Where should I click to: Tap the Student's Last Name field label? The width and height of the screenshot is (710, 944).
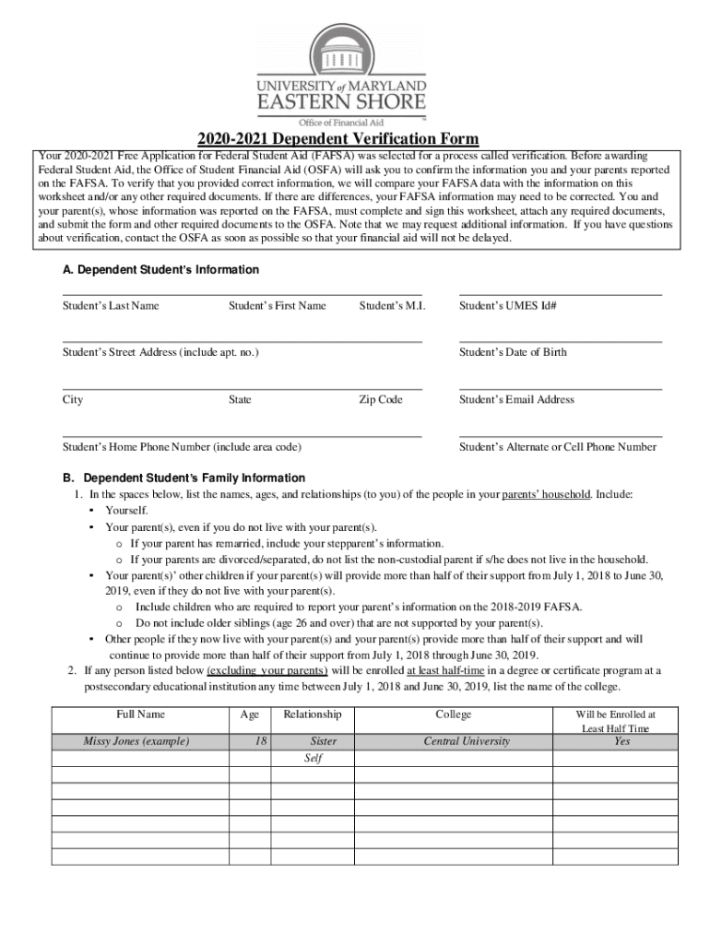[x=111, y=305]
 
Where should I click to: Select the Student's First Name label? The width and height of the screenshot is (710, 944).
[x=277, y=305]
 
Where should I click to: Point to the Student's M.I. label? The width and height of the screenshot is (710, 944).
[x=392, y=305]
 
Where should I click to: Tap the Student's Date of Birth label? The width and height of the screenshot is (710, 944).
[x=513, y=352]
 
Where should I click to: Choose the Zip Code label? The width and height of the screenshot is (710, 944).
[x=381, y=399]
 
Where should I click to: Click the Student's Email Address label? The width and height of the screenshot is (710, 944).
[x=516, y=399]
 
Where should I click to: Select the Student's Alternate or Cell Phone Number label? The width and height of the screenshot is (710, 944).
[x=558, y=447]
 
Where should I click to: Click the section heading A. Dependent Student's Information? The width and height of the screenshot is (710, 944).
[x=160, y=270]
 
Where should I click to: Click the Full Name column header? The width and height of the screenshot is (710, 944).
[x=140, y=714]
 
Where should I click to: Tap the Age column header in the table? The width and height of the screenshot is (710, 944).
[x=250, y=714]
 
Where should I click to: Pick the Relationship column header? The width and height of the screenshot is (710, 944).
[x=313, y=714]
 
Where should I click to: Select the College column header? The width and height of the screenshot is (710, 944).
[x=454, y=714]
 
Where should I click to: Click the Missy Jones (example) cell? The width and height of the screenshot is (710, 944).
[x=136, y=741]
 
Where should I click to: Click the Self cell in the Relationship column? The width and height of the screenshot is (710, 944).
[x=314, y=759]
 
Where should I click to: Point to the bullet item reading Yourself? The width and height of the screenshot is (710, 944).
[x=126, y=510]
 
